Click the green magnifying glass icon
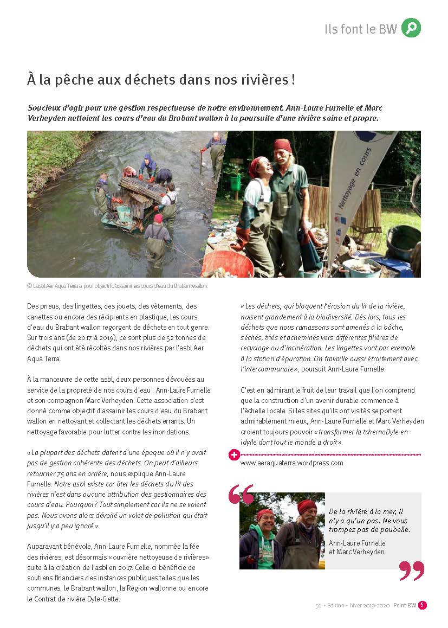pyautogui.click(x=411, y=28)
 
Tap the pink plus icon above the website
pyautogui.click(x=234, y=454)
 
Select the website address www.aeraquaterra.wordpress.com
pyautogui.click(x=291, y=463)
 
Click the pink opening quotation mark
pyautogui.click(x=241, y=494)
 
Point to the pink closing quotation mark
pyautogui.click(x=411, y=571)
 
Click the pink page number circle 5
pyautogui.click(x=423, y=605)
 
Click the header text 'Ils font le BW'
pyautogui.click(x=360, y=29)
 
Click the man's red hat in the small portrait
pyautogui.click(x=307, y=507)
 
